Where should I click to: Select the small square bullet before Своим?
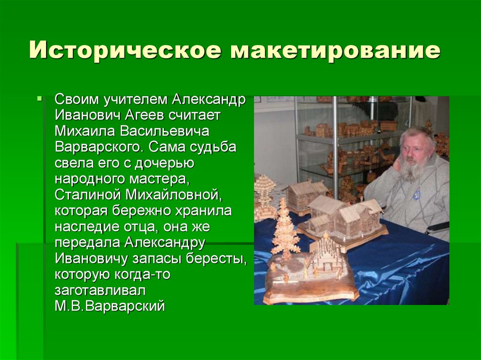(x=40, y=100)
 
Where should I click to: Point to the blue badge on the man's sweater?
(x=415, y=194)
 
